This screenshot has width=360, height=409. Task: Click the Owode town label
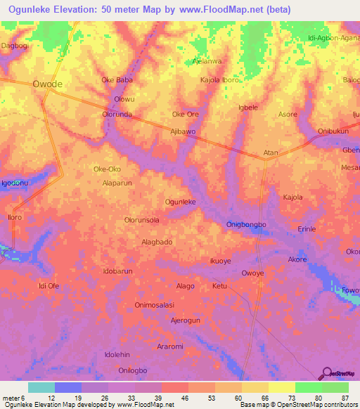pyautogui.click(x=48, y=84)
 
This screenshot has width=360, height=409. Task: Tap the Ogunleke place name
pyautogui.click(x=180, y=202)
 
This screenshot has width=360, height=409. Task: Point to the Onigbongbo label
pyautogui.click(x=247, y=224)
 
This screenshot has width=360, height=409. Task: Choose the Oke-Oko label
pyautogui.click(x=107, y=169)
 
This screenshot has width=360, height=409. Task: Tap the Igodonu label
pyautogui.click(x=15, y=183)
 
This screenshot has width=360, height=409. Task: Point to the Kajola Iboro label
pyautogui.click(x=220, y=79)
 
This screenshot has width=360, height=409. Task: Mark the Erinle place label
pyautogui.click(x=307, y=229)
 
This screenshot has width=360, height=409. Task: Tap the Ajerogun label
pyautogui.click(x=186, y=320)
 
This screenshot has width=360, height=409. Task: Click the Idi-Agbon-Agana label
pyautogui.click(x=333, y=39)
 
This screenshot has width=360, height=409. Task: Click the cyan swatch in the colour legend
pyautogui.click(x=41, y=387)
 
